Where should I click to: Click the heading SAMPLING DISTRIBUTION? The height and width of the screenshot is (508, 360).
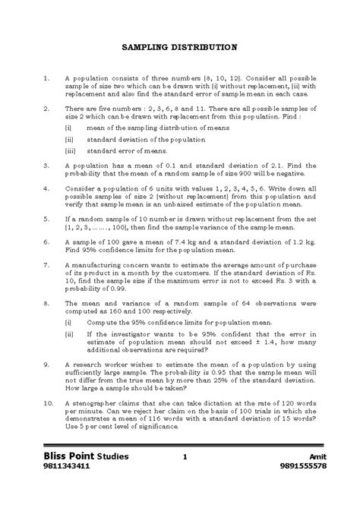[179, 47]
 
